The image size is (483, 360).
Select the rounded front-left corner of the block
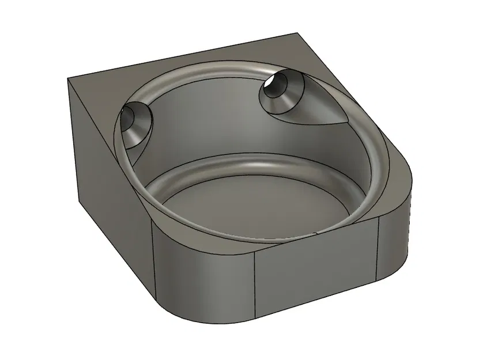pyautogui.click(x=173, y=271)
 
